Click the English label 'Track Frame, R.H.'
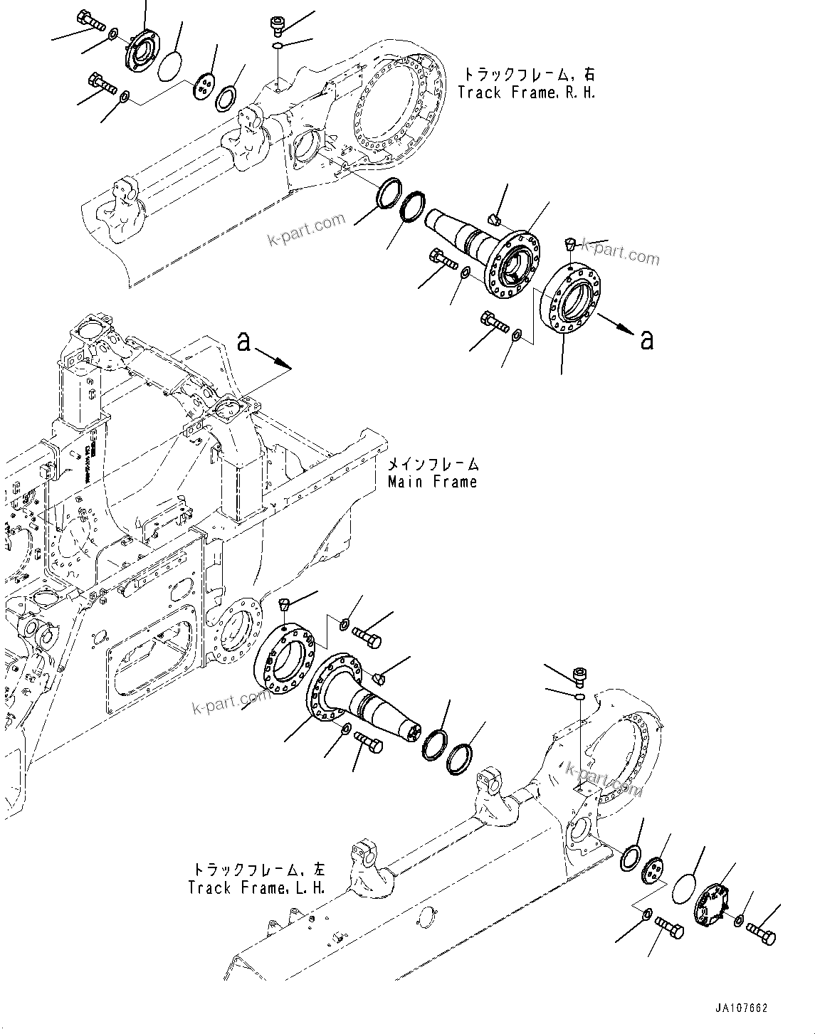point(526,93)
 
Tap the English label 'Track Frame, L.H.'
point(257,888)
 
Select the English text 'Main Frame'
point(432,482)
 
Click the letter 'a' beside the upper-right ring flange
point(646,340)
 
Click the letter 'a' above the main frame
point(244,342)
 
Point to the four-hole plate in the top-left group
point(204,88)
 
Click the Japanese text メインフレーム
point(432,465)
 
